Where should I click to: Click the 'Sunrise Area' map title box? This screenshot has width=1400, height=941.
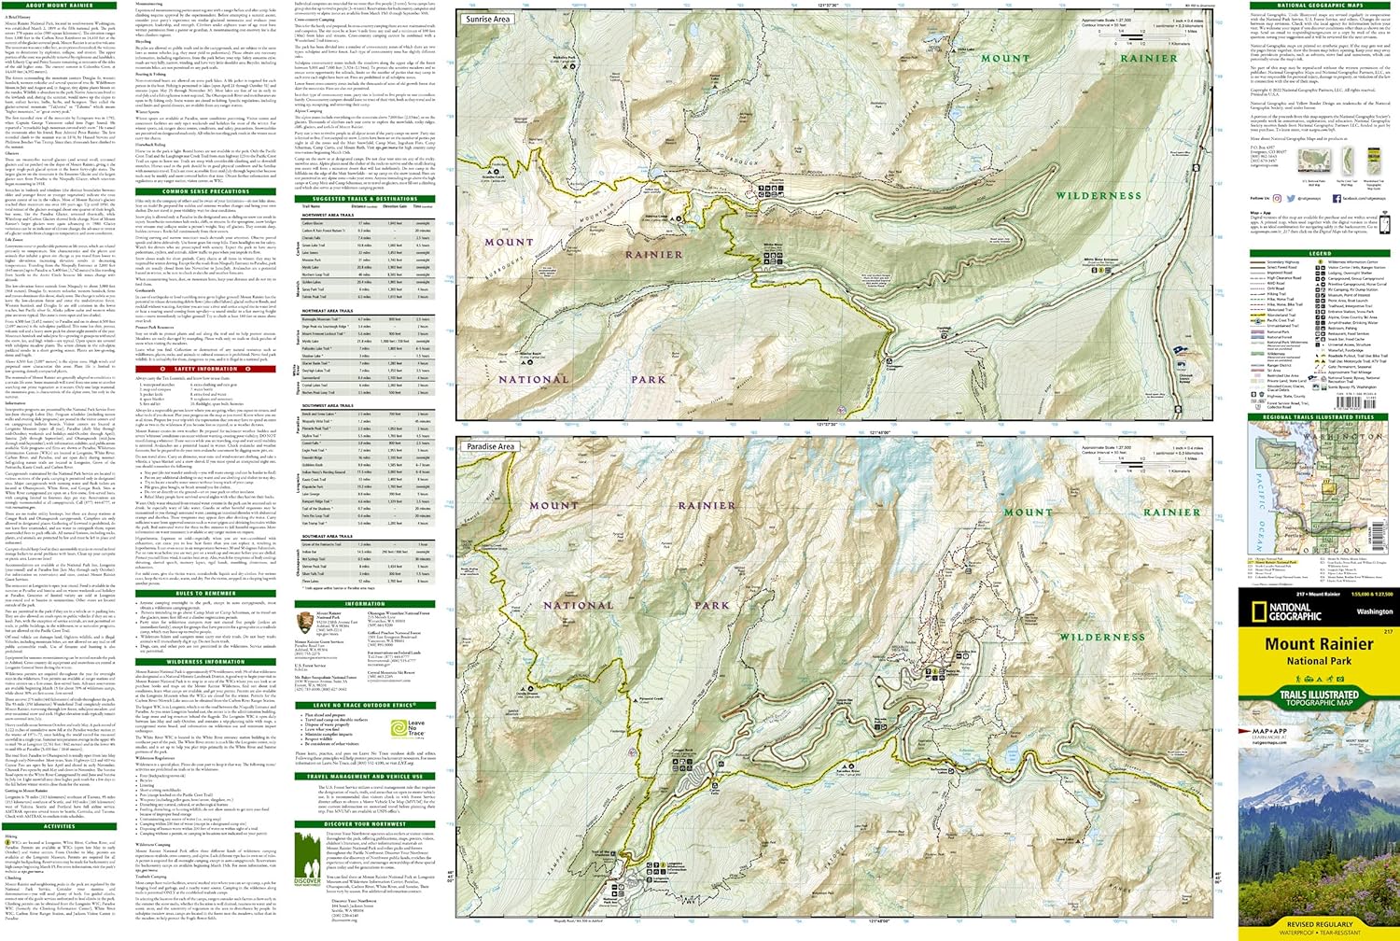(488, 19)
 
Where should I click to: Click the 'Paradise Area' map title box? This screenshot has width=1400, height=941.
(491, 446)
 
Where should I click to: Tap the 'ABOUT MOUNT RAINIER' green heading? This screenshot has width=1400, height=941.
(60, 6)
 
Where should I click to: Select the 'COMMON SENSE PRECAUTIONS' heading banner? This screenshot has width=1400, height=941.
(205, 191)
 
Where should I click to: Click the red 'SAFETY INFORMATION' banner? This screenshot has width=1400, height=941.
(205, 369)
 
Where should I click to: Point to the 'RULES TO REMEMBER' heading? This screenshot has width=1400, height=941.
(205, 593)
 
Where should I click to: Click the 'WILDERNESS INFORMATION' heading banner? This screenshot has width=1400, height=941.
(205, 662)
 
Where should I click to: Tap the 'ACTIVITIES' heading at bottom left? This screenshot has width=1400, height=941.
(60, 826)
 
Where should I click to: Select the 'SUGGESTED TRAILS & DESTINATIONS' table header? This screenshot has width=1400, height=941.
(365, 199)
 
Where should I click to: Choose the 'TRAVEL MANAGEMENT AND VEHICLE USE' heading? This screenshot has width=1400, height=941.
(365, 776)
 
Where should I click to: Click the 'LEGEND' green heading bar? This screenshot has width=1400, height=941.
(1320, 253)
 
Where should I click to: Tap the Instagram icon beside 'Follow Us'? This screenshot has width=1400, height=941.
(1283, 198)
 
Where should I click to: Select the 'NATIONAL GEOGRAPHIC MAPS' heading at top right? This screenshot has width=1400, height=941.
(1320, 6)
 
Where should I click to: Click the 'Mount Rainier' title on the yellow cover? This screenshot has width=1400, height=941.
(1319, 644)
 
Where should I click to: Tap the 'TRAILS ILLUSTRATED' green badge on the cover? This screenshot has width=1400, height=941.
(1319, 696)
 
